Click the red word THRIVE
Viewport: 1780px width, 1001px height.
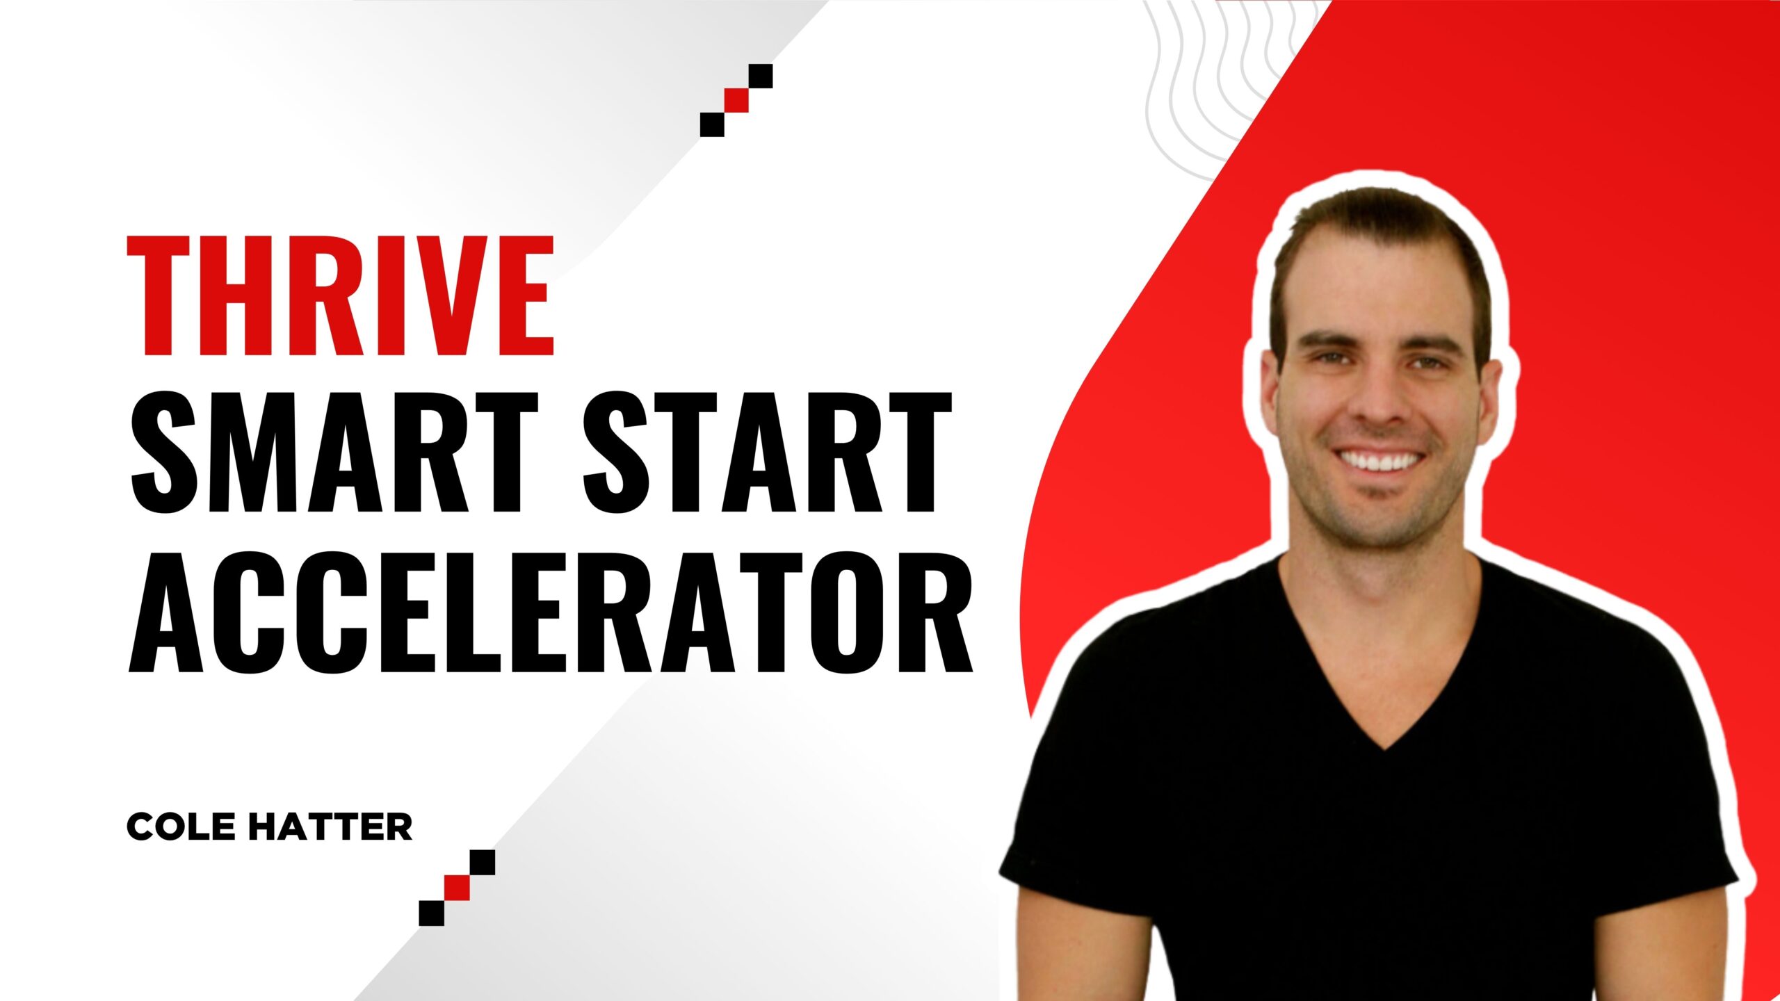tap(340, 295)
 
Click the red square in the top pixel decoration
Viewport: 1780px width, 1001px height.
tap(736, 100)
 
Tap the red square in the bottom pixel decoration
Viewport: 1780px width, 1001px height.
tap(458, 887)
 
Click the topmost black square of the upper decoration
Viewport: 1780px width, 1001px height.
tap(761, 76)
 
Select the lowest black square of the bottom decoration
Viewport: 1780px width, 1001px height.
tap(431, 912)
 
